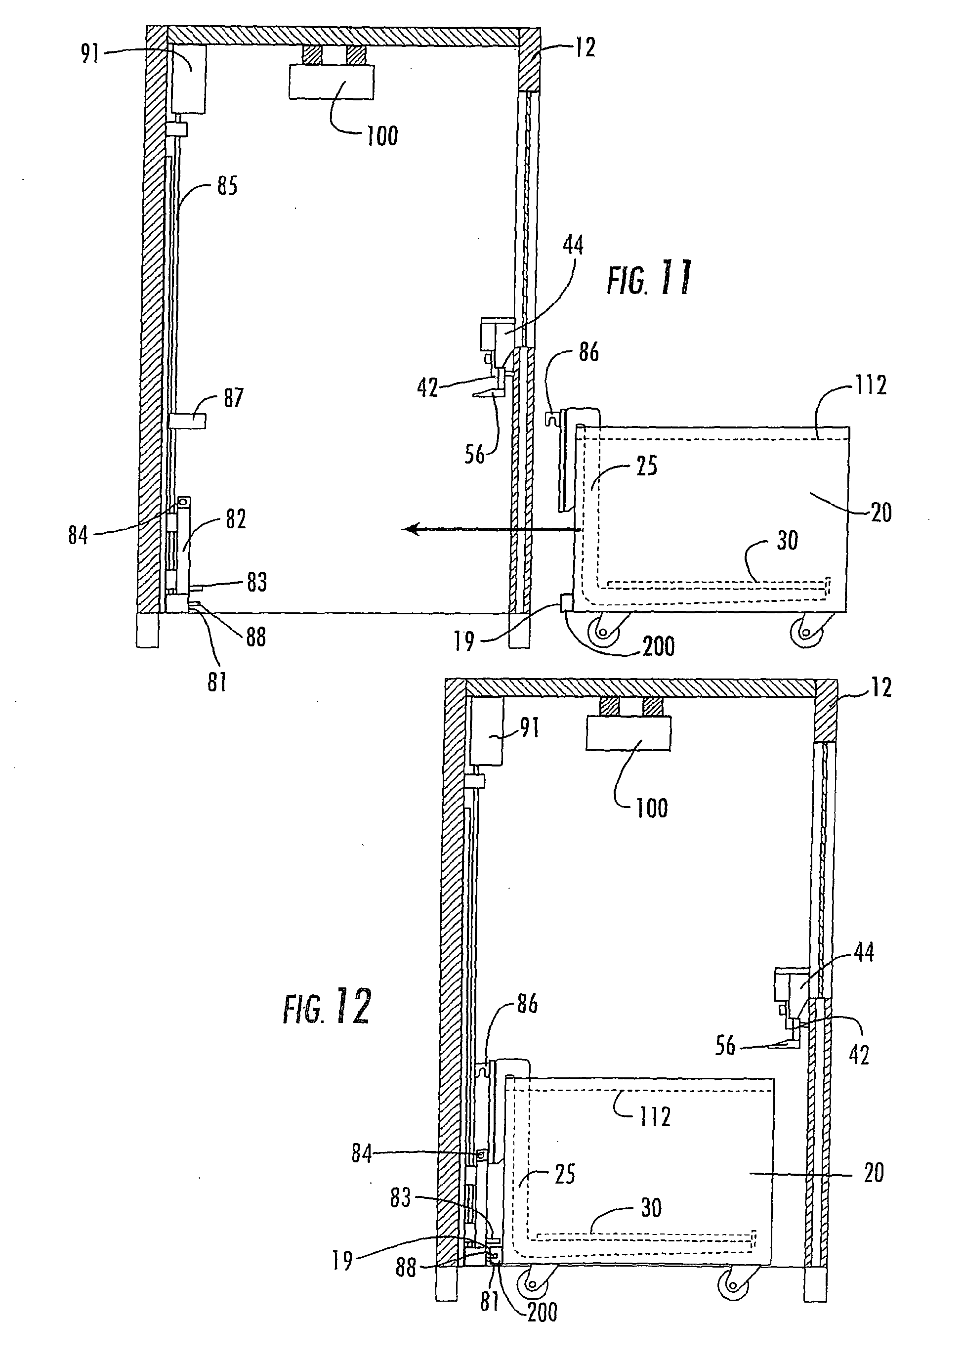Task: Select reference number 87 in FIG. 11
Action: tap(233, 397)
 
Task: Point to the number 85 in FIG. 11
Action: tap(227, 186)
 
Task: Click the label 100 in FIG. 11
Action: tap(382, 136)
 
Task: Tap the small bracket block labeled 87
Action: tap(187, 422)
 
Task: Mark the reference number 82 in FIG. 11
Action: tap(235, 519)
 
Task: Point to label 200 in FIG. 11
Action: tap(658, 646)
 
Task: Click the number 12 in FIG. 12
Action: tap(882, 687)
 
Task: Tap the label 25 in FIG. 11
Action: tap(646, 466)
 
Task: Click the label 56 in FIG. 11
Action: tap(475, 455)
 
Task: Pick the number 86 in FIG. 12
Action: tap(527, 1005)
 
